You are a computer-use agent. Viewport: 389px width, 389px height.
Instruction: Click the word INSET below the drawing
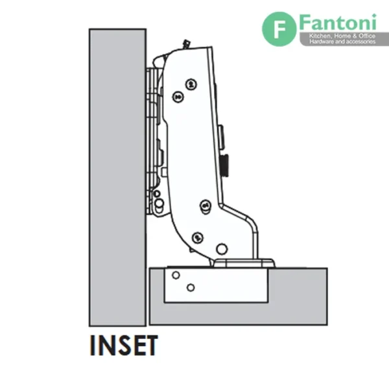click(124, 346)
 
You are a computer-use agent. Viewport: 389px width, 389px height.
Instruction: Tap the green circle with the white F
click(279, 29)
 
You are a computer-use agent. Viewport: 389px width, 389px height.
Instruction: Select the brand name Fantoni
click(338, 23)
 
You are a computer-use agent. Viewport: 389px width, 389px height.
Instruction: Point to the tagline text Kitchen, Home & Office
click(342, 36)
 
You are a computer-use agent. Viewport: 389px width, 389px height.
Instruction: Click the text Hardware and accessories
click(342, 41)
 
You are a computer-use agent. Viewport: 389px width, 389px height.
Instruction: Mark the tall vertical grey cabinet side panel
click(117, 178)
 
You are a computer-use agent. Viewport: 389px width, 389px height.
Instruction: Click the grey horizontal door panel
click(238, 296)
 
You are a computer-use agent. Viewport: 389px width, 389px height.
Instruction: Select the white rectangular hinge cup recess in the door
click(216, 285)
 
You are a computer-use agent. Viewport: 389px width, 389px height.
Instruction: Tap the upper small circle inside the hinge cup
click(176, 275)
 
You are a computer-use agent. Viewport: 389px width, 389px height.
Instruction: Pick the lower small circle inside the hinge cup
click(191, 288)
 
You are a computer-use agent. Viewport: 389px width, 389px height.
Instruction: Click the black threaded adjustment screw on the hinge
click(225, 165)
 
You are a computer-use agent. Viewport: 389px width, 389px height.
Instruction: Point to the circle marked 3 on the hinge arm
click(178, 97)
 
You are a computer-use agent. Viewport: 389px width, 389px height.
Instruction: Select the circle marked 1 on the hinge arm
click(206, 206)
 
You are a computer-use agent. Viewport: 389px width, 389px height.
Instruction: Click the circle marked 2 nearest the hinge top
click(191, 84)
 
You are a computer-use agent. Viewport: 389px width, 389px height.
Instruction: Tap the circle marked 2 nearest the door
click(198, 238)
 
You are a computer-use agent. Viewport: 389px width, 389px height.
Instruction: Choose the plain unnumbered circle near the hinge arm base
click(222, 249)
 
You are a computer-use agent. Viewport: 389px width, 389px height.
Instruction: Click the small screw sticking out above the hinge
click(185, 45)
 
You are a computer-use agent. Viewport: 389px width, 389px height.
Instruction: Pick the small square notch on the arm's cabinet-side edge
click(164, 172)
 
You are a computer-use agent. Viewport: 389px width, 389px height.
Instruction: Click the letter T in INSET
click(150, 346)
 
